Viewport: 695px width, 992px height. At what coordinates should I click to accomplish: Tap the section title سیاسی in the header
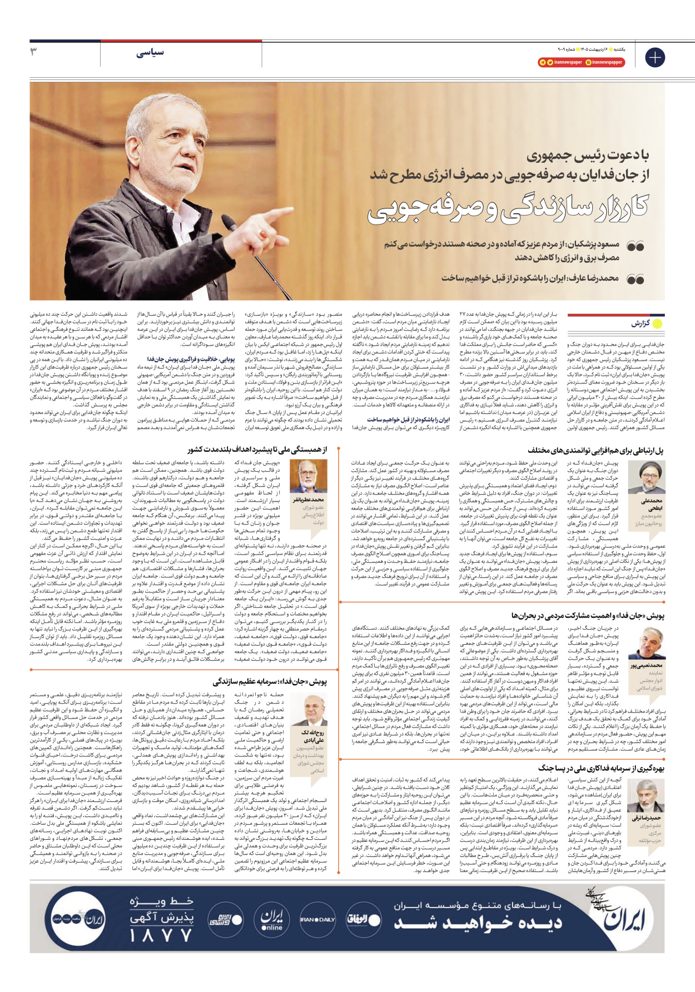point(150,52)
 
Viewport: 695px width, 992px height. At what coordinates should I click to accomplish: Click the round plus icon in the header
point(655,57)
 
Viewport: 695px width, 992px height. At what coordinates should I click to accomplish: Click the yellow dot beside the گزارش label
point(657,323)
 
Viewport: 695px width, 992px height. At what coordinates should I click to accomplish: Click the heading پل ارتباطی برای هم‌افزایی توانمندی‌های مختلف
point(595,451)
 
